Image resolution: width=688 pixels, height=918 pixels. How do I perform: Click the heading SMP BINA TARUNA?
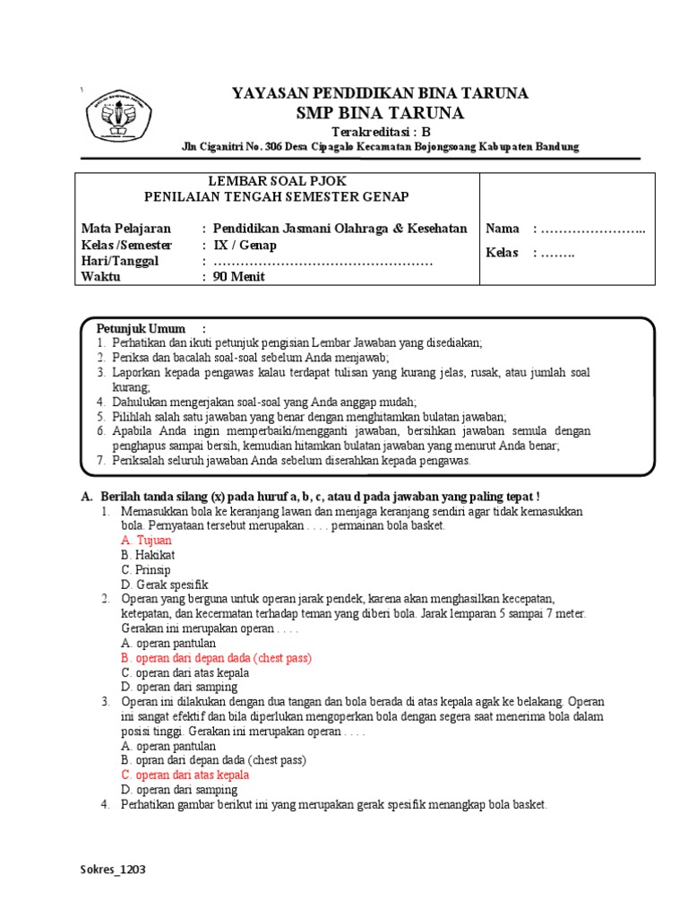click(380, 113)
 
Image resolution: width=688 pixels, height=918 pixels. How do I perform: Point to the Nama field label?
click(502, 229)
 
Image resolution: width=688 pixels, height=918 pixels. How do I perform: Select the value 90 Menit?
click(238, 277)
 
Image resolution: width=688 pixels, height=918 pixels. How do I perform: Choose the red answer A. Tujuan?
click(146, 541)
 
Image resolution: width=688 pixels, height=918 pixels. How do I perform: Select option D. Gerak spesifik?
click(164, 585)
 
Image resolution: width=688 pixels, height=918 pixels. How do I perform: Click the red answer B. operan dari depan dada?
click(216, 658)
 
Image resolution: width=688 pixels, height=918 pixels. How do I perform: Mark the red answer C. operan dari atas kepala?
click(185, 775)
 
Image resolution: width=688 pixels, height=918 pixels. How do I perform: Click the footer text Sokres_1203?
click(113, 870)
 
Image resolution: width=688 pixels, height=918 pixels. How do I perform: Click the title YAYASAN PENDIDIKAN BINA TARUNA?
click(380, 93)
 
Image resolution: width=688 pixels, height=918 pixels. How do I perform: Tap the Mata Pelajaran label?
click(125, 229)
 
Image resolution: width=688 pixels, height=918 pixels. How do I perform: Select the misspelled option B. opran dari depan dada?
click(213, 760)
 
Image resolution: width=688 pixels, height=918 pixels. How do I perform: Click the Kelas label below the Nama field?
click(502, 253)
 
